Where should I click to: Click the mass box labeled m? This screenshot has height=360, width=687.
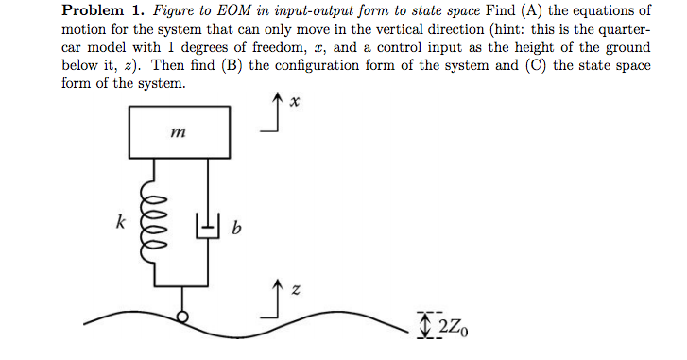[x=180, y=132]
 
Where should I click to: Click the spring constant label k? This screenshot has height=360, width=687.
[x=119, y=223]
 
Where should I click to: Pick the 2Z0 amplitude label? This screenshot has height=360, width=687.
[x=452, y=327]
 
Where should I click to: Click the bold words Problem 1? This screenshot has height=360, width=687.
[x=99, y=11]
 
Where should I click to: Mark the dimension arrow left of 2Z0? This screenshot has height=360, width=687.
[x=425, y=327]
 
